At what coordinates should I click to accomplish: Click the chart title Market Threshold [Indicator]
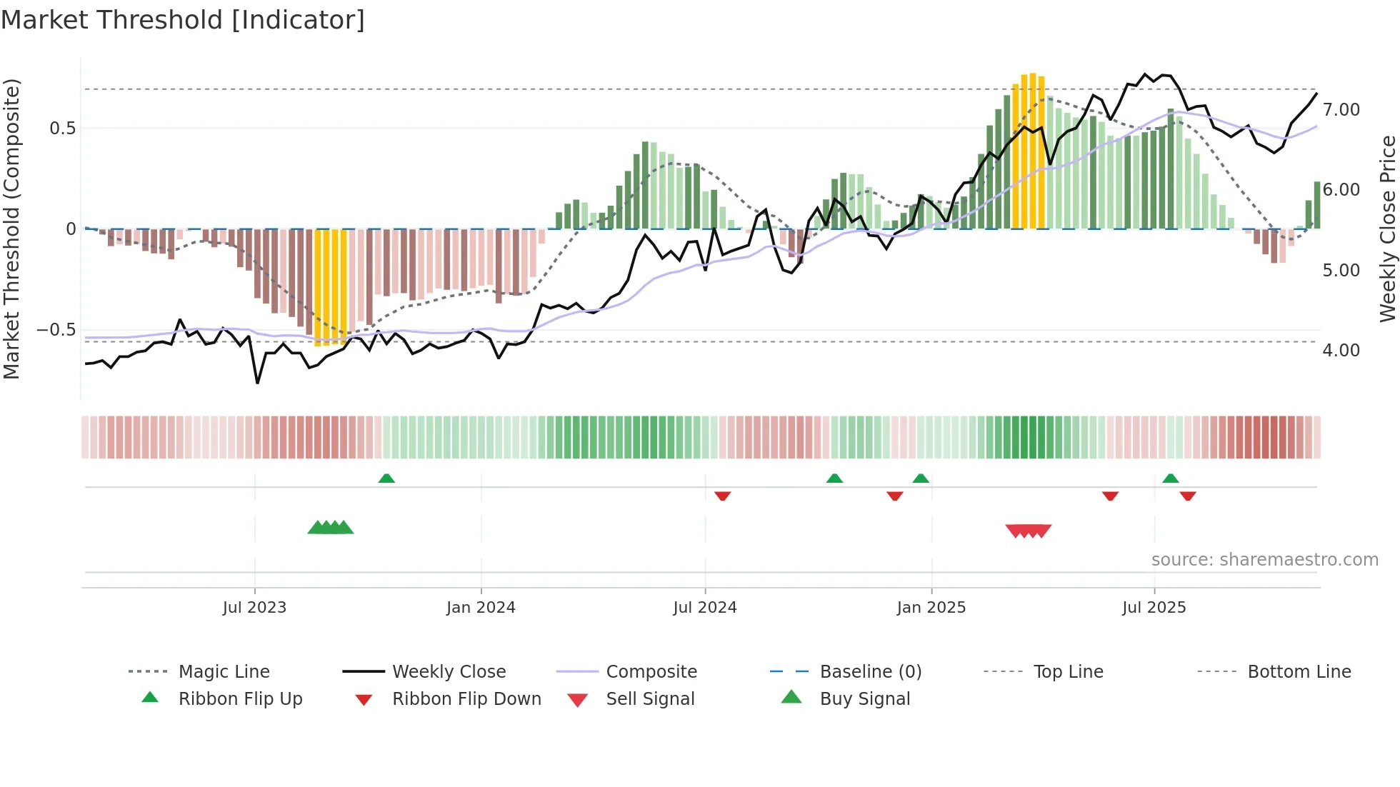pyautogui.click(x=183, y=20)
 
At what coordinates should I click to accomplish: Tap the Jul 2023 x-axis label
pyautogui.click(x=254, y=608)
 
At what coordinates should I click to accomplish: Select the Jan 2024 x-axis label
pyautogui.click(x=481, y=608)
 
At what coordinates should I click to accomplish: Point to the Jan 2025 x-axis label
pyautogui.click(x=931, y=608)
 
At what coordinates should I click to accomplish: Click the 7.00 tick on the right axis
pyautogui.click(x=1341, y=110)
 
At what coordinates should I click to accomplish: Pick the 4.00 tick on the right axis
pyautogui.click(x=1341, y=351)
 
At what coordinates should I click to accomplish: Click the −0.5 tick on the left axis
pyautogui.click(x=56, y=330)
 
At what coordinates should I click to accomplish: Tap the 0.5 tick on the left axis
pyautogui.click(x=62, y=129)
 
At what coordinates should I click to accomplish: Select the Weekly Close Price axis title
pyautogui.click(x=1387, y=229)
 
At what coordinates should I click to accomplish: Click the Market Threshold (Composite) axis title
pyautogui.click(x=11, y=229)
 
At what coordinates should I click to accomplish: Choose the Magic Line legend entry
pyautogui.click(x=224, y=672)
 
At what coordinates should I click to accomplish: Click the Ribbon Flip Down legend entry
pyautogui.click(x=466, y=699)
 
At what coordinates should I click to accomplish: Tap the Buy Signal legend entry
pyautogui.click(x=864, y=699)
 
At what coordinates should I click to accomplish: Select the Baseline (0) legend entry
pyautogui.click(x=870, y=672)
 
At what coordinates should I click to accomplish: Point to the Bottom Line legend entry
pyautogui.click(x=1299, y=672)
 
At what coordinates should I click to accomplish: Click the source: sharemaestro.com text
pyautogui.click(x=1264, y=560)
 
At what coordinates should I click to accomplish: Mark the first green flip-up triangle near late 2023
pyautogui.click(x=386, y=478)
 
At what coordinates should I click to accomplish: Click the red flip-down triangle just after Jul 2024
pyautogui.click(x=722, y=495)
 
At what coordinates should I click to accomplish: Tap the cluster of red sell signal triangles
pyautogui.click(x=1028, y=531)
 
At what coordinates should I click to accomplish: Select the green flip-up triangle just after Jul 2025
pyautogui.click(x=1170, y=478)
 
